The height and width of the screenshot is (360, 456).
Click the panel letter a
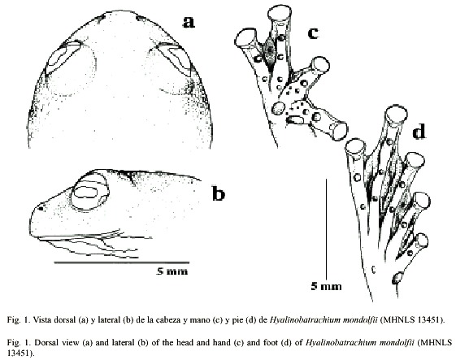[x=189, y=22]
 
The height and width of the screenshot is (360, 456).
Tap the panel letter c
[x=313, y=33]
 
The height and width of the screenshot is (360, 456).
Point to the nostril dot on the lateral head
[x=41, y=207]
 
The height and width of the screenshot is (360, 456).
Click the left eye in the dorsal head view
[x=63, y=57]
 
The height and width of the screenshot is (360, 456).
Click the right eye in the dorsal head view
[x=174, y=57]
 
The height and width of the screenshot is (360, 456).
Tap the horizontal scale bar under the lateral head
[x=122, y=262]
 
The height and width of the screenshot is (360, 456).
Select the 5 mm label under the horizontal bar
[x=172, y=271]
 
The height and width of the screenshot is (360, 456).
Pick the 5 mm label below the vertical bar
[x=326, y=286]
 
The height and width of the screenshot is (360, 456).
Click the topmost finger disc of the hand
[x=279, y=13]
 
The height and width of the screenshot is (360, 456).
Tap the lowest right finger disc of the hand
[x=338, y=130]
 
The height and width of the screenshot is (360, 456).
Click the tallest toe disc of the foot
[x=397, y=115]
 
